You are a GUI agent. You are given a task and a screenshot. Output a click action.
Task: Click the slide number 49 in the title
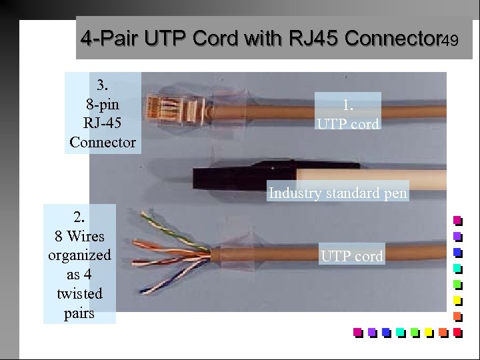pyautogui.click(x=449, y=41)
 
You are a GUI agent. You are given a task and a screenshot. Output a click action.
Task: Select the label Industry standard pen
pyautogui.click(x=338, y=194)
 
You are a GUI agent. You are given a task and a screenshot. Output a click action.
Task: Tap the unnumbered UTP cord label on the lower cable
pyautogui.click(x=351, y=256)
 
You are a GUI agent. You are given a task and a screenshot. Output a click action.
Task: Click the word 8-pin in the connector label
pyautogui.click(x=103, y=105)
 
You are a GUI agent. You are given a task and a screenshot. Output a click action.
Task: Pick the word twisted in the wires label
pyautogui.click(x=79, y=294)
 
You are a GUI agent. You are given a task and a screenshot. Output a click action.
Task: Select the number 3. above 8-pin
pyautogui.click(x=103, y=85)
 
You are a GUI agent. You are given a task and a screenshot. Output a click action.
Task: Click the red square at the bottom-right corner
pyautogui.click(x=457, y=331)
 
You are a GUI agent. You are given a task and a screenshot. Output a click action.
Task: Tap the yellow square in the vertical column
pyautogui.click(x=457, y=300)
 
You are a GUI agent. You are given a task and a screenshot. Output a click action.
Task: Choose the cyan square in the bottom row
pyautogui.click(x=400, y=331)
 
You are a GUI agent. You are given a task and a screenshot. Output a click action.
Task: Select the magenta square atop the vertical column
pyautogui.click(x=457, y=220)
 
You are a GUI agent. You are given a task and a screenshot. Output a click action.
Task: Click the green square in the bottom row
pyautogui.click(x=415, y=331)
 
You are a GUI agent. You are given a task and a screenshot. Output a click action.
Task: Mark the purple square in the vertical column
pyautogui.click(x=457, y=236)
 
